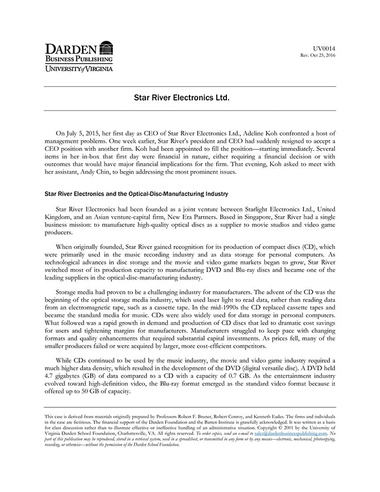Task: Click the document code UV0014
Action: pos(325,49)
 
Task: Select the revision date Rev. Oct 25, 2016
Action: pos(318,55)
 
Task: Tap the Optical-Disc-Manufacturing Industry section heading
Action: pos(136,193)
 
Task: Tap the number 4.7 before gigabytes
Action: pos(49,375)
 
